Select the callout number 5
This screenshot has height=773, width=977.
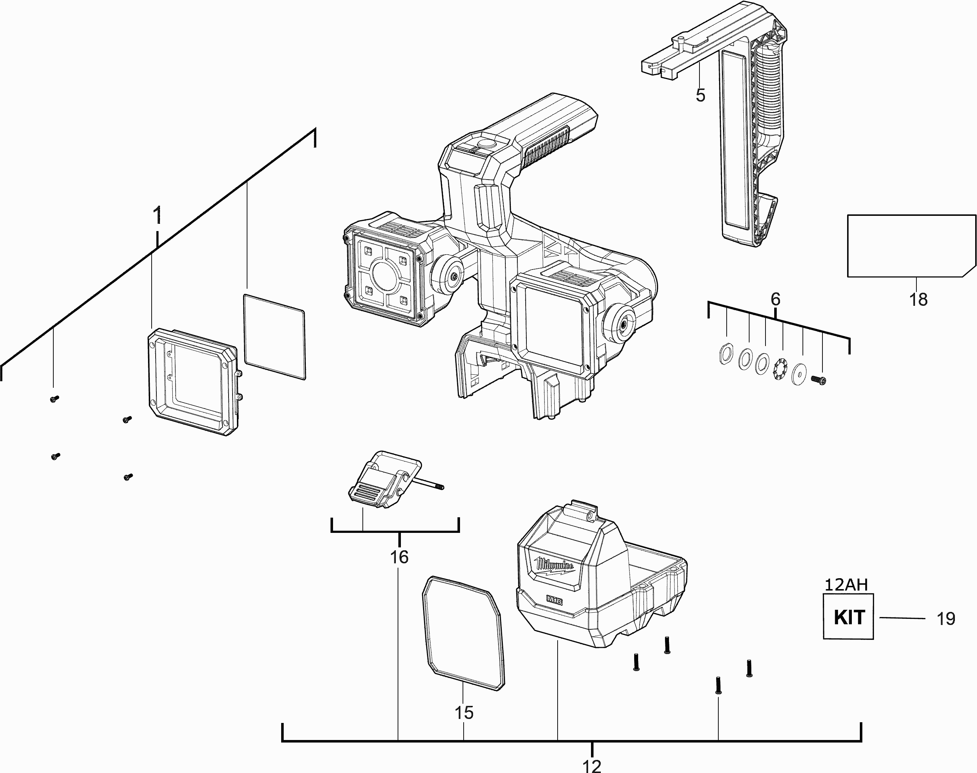pos(700,95)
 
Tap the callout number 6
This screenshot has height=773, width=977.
pos(775,299)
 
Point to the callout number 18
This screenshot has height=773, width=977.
pos(918,300)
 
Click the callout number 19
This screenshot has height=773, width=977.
pos(945,619)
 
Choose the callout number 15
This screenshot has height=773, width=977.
pos(464,713)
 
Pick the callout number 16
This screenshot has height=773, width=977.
pos(399,557)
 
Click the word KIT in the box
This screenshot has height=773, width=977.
pos(849,617)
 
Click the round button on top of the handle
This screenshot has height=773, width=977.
pos(487,144)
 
